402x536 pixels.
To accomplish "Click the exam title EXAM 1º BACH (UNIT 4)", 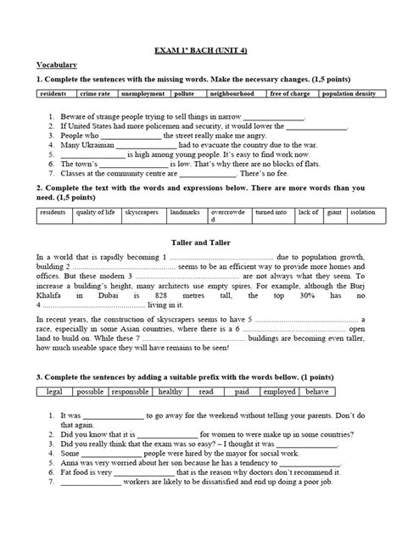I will tap(201, 49).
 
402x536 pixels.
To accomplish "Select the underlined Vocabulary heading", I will tap(57, 65).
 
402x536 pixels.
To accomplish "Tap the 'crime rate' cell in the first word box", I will tap(95, 95).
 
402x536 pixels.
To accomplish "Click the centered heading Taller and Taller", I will tap(201, 243).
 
